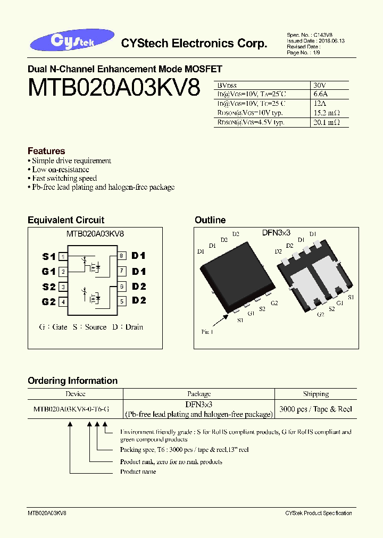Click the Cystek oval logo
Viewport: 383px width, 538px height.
[x=72, y=43]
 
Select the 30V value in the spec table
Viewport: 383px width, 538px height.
[x=320, y=85]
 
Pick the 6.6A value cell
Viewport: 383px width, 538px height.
[x=321, y=94]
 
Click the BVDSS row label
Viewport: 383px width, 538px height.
[x=228, y=85]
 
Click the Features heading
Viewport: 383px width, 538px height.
[x=46, y=151]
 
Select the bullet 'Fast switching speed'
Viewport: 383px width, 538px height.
[x=64, y=179]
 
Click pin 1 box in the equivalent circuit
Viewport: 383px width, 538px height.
[x=63, y=257]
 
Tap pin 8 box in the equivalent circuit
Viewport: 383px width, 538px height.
[x=122, y=256]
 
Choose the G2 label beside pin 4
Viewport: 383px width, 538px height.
[x=49, y=302]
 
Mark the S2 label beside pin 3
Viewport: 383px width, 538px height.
[x=49, y=287]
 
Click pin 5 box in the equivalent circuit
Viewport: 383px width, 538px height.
[x=122, y=301]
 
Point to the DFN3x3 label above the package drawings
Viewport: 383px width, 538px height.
[x=276, y=233]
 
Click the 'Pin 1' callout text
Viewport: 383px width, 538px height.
[x=207, y=332]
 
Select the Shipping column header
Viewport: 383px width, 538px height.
[x=316, y=394]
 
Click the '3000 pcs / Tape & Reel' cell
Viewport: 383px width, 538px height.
[x=316, y=409]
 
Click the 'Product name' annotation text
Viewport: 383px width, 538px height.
[x=138, y=472]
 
